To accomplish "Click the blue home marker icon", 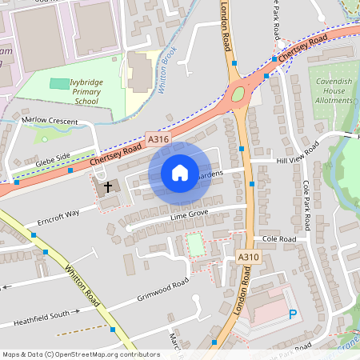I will tap(180, 173).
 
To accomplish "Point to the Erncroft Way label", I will tap(58, 217).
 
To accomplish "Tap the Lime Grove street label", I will tap(188, 215).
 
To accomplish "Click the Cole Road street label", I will tap(276, 238).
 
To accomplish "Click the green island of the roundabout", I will tap(238, 98).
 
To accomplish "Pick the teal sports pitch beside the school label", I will tap(59, 83).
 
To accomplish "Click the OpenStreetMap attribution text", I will tap(70, 354).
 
